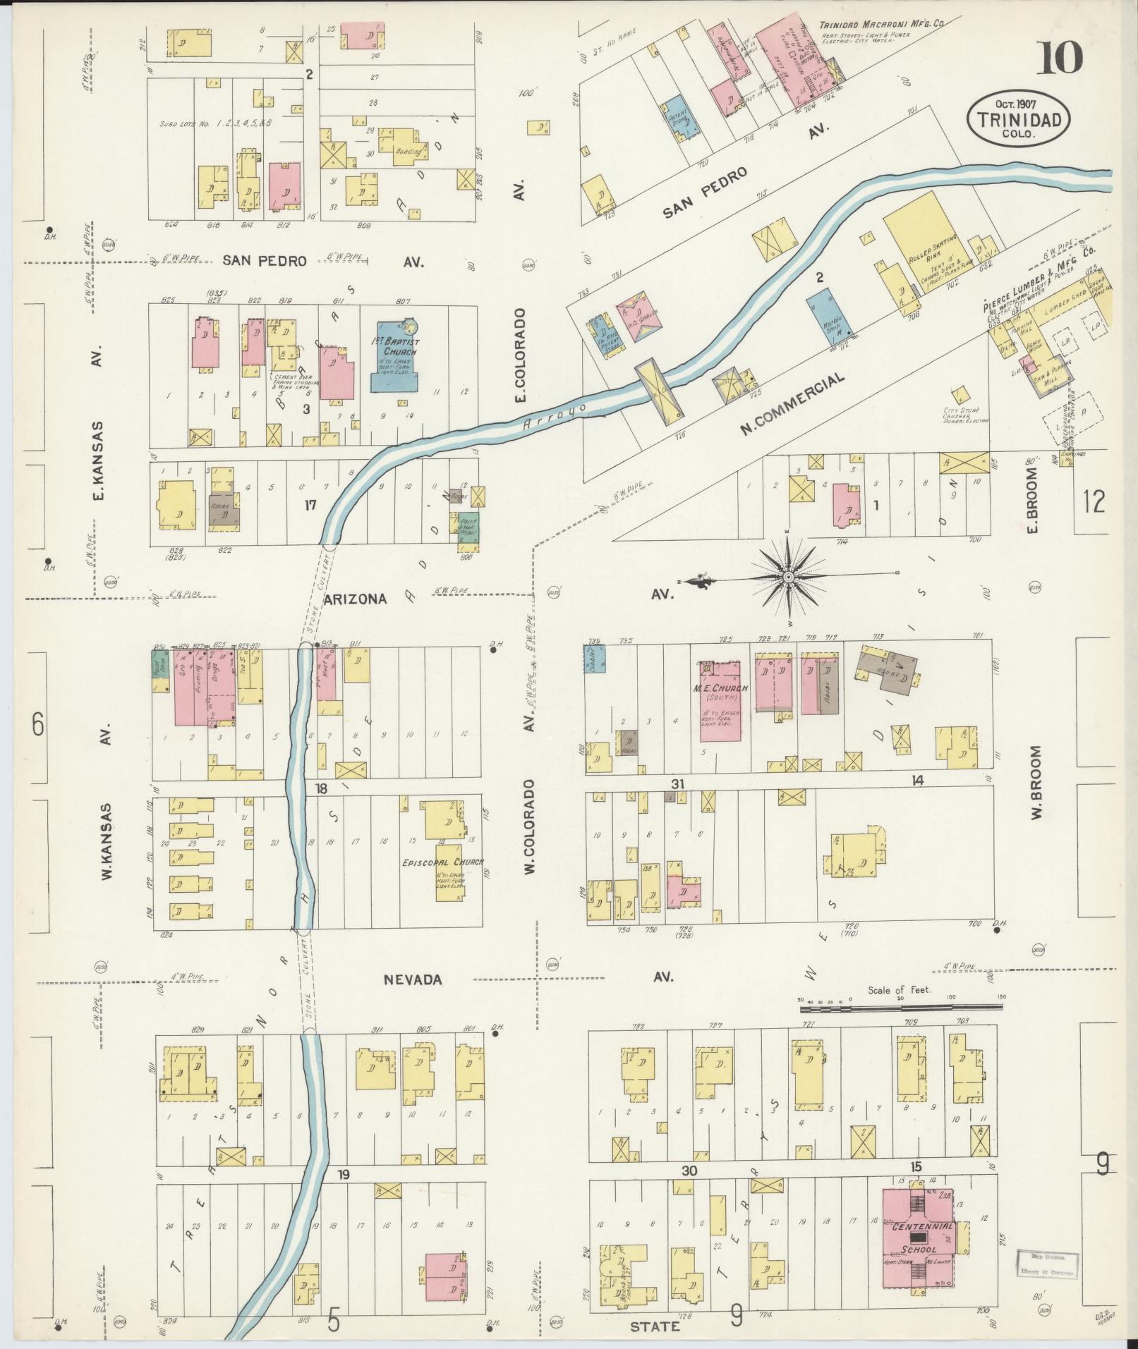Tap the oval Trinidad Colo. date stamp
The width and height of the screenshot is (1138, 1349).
[x=1018, y=120]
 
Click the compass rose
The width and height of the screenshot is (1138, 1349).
[x=788, y=578]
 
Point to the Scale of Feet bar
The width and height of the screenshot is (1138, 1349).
[x=902, y=1010]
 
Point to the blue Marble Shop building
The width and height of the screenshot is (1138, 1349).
[x=825, y=317]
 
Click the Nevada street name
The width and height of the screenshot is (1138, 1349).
[x=413, y=979]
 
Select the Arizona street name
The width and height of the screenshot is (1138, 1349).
[x=356, y=599]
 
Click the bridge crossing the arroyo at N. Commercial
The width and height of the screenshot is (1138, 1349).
[x=660, y=390]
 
